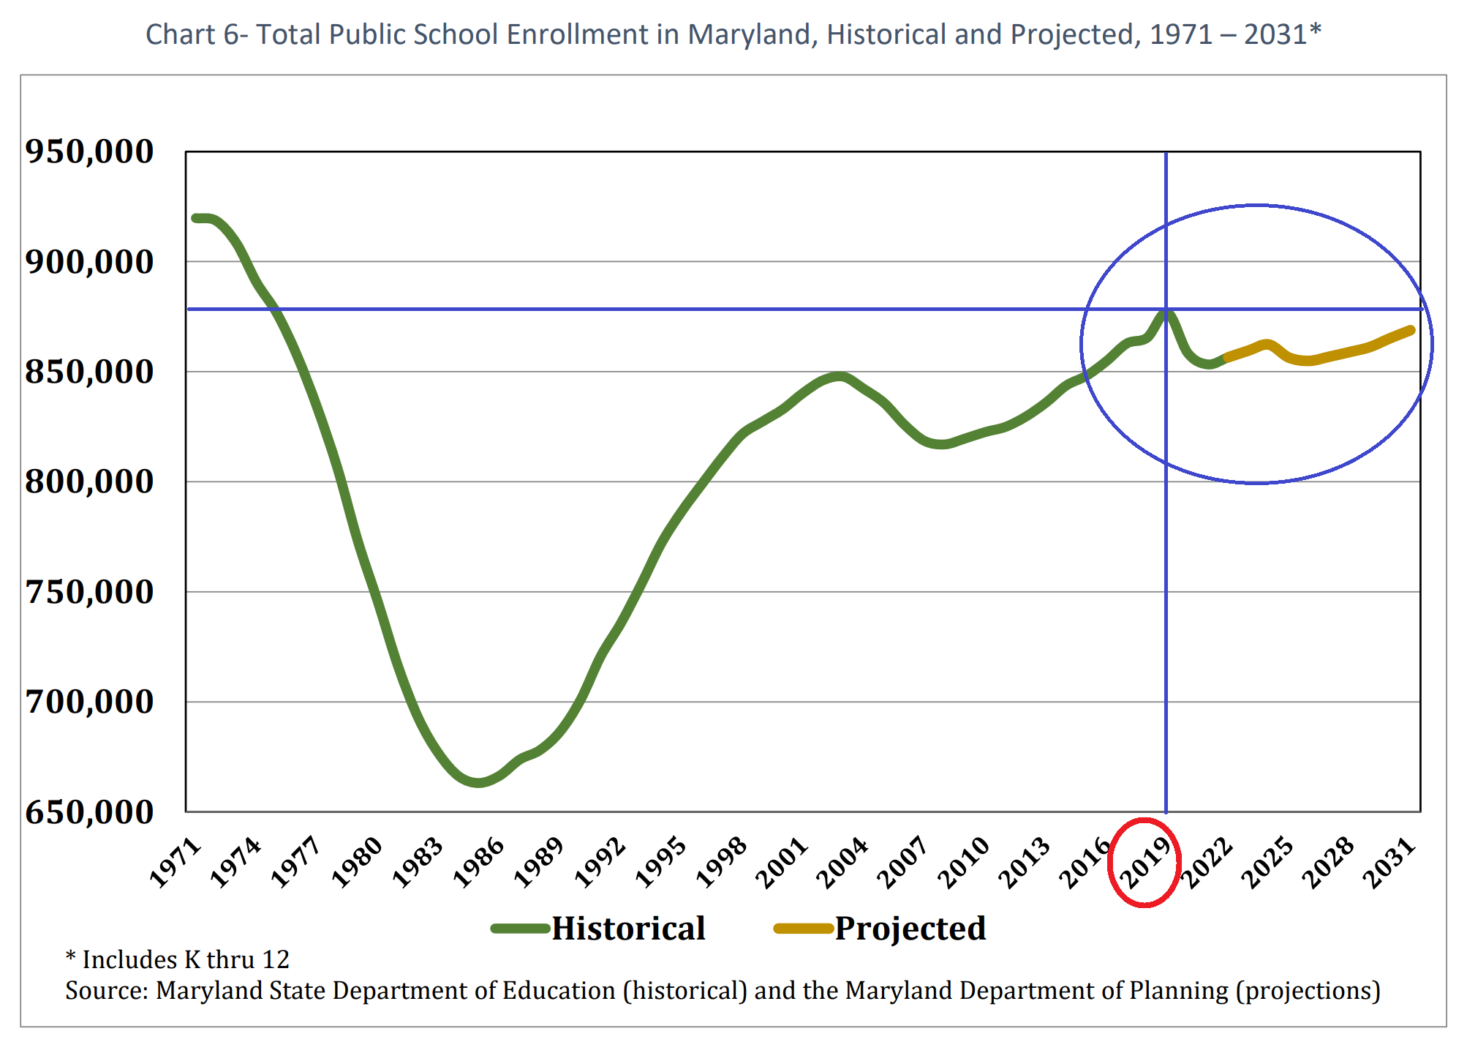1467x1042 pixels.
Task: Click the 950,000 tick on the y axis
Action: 89,151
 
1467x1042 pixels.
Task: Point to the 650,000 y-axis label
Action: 89,812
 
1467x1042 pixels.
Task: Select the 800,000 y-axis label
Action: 89,481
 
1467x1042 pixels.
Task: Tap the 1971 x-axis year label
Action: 176,863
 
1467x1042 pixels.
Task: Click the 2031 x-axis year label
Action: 1390,863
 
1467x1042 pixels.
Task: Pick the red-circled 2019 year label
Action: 1145,863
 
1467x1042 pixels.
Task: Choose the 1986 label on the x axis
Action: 479,863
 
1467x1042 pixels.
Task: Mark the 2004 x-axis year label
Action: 842,863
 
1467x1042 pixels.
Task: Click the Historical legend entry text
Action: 627,929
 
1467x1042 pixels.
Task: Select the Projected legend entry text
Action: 910,929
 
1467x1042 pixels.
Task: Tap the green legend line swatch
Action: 520,929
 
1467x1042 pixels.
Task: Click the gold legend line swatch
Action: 803,929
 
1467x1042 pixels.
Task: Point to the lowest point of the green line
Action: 478,782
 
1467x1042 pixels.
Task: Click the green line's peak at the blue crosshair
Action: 1166,311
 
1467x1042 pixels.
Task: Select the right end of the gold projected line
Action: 1411,331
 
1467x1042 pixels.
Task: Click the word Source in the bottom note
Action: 106,991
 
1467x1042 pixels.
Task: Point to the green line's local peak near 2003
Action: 839,378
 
